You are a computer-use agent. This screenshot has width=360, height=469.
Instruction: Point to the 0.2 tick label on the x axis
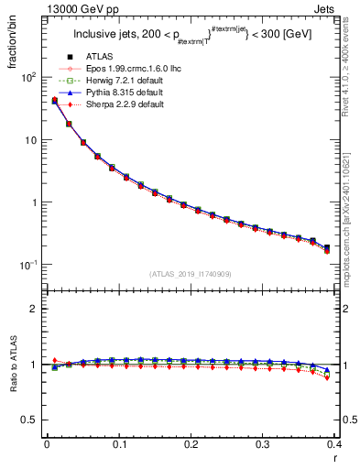coord(191,444)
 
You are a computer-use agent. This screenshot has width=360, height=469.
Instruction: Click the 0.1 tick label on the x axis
coord(118,444)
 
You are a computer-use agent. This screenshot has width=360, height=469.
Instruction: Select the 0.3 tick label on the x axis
coord(263,444)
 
